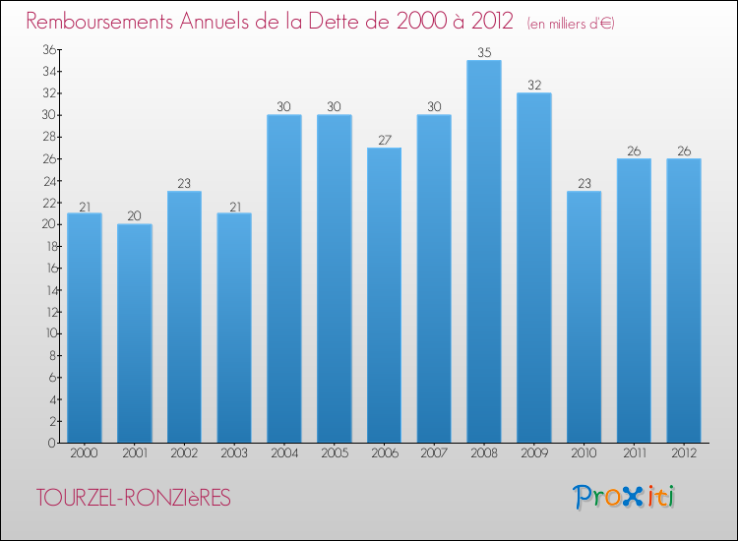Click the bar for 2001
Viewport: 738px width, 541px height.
point(135,332)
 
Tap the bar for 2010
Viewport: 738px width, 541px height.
point(584,316)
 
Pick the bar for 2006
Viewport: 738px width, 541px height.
point(384,295)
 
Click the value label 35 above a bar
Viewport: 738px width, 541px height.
point(484,53)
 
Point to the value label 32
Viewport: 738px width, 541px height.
point(533,86)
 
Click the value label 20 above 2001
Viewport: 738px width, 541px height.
point(135,216)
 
